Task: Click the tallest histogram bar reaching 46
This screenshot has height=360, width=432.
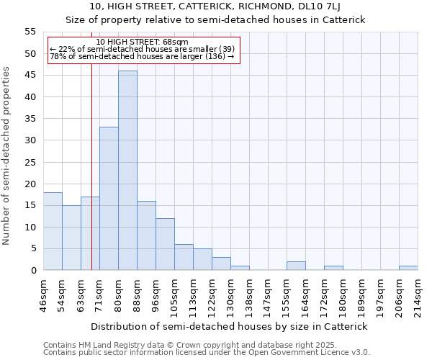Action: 127,171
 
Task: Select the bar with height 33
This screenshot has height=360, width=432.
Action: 109,199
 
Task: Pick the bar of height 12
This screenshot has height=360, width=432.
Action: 165,244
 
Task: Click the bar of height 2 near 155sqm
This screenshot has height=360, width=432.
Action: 296,266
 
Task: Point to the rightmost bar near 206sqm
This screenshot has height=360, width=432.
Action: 408,268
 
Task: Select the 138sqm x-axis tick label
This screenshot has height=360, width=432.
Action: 249,294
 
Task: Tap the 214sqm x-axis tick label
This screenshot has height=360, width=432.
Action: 418,294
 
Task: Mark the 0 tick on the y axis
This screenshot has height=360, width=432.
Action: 33,271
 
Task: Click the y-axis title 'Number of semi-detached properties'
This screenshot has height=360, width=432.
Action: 7,156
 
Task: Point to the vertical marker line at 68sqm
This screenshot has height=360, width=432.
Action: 92,166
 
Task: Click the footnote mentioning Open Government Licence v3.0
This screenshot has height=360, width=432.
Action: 207,352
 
